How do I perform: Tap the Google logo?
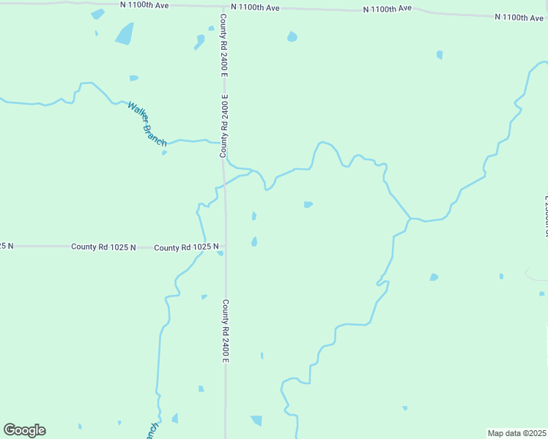pos(24,430)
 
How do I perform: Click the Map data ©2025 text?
pos(517,433)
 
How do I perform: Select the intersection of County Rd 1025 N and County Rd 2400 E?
pos(225,247)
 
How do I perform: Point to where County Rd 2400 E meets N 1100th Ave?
pos(222,7)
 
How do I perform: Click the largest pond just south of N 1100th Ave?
pos(125,34)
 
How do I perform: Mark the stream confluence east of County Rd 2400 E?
pos(410,218)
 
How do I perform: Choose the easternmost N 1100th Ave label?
pos(519,17)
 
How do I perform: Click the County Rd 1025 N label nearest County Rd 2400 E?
pos(187,247)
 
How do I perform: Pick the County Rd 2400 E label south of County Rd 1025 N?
pos(226,331)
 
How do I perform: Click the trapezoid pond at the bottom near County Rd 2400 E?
pos(256,420)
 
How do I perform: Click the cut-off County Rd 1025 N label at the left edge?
pos(7,246)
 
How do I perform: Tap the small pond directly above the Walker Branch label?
pos(133,78)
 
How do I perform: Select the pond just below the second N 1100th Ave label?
pos(292,37)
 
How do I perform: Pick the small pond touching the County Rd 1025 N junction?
pos(220,254)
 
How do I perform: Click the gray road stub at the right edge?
pos(536,274)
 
